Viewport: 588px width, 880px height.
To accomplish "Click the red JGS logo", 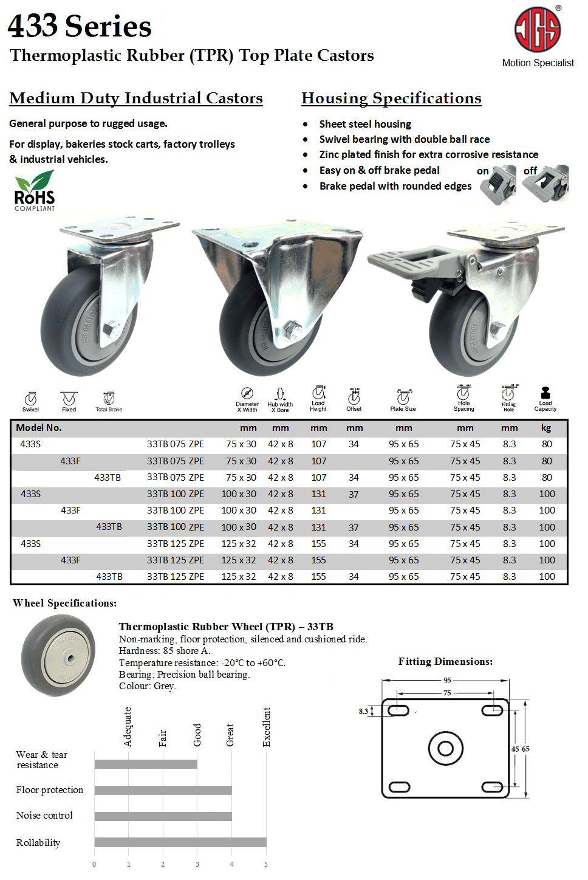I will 538,30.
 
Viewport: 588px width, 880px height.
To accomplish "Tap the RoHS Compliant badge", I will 35,191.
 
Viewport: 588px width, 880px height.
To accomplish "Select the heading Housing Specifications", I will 391,98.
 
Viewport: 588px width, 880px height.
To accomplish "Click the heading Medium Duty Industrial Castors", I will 136,98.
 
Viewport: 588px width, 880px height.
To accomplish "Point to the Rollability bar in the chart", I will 180,842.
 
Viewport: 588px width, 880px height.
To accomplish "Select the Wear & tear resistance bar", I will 146,764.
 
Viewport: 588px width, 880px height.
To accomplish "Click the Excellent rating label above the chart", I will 267,727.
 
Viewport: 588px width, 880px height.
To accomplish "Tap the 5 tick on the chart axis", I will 266,864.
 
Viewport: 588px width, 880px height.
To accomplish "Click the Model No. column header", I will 39,428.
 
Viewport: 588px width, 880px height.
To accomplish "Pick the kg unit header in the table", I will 546,428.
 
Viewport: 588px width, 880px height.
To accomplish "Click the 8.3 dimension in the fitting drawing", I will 363,711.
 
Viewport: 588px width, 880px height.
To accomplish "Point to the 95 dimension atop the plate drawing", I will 447,681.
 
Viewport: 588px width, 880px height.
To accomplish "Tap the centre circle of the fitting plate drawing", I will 445,748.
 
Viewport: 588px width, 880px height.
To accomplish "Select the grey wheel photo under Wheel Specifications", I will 58,656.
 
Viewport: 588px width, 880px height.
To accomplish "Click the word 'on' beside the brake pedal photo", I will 483,171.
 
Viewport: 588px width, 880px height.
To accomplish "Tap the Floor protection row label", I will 50,790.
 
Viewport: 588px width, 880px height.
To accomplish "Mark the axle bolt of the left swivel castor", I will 111,331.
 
